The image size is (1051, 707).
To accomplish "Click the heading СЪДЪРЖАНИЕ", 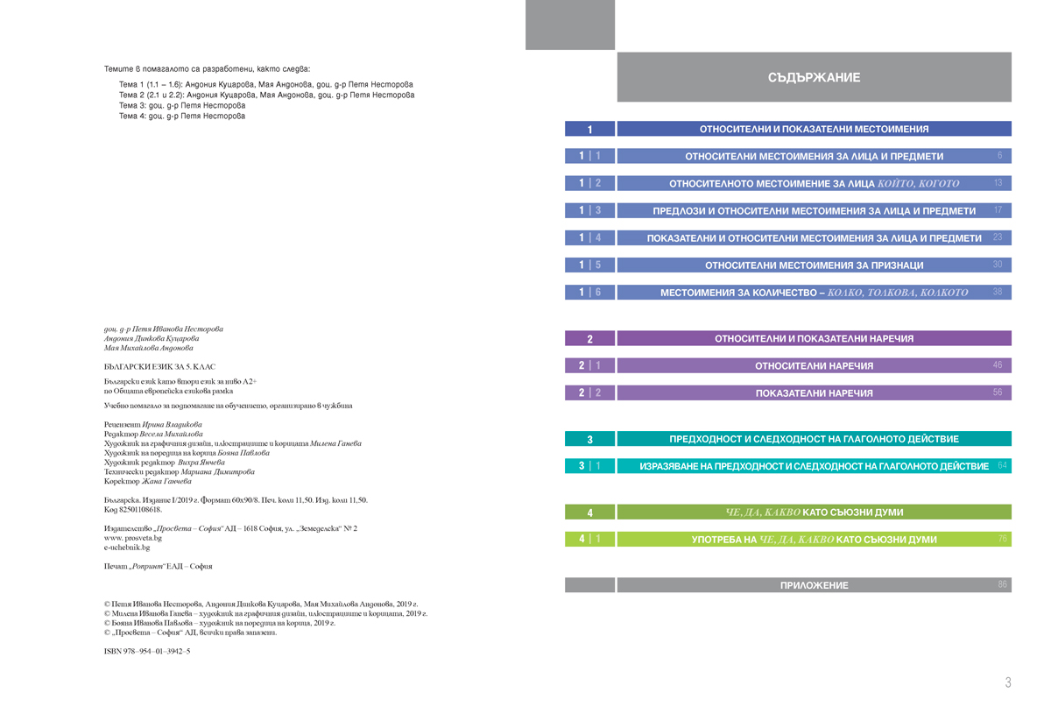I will pos(814,78).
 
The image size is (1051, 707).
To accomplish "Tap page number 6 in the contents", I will pos(999,156).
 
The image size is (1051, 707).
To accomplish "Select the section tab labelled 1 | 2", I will pos(589,184).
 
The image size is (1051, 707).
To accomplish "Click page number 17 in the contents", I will pos(998,211).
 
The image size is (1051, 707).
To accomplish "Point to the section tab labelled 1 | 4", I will pos(589,238).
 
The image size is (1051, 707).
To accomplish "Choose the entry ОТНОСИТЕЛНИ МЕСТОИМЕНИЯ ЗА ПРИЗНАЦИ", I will pos(814,265).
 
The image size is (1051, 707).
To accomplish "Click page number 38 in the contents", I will pos(998,292).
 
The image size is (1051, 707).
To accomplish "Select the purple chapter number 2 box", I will pos(589,338).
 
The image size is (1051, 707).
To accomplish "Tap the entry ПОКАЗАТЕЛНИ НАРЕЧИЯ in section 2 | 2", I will pos(814,393).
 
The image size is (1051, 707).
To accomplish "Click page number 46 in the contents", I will pos(998,365).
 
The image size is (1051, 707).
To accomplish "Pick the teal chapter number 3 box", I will pos(589,439).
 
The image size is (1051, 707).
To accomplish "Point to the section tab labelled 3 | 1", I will pos(589,466).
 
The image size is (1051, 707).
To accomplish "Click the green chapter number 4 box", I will pos(589,513).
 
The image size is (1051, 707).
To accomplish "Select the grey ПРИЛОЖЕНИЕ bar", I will pos(814,585).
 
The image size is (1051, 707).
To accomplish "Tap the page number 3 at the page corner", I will pos(1008,682).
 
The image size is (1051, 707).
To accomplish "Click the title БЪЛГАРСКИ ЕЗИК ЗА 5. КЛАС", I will pos(159,366).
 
